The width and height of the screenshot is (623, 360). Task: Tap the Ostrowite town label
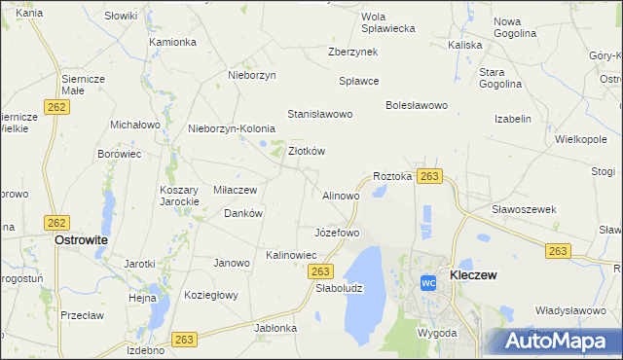(x=81, y=238)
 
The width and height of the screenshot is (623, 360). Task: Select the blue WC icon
(x=427, y=283)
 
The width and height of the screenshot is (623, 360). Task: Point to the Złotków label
(x=307, y=151)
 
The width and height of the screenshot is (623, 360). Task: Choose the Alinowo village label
(x=341, y=196)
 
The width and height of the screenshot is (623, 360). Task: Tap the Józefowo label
(x=337, y=234)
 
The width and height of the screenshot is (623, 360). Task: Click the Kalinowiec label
(x=291, y=255)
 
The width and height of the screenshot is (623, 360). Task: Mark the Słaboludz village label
(x=339, y=288)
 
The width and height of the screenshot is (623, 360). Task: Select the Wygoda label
(x=437, y=333)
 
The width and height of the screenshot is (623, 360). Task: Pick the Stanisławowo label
(x=319, y=114)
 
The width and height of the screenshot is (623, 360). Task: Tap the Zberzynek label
(x=353, y=52)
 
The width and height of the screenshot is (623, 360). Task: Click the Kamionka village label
(x=173, y=42)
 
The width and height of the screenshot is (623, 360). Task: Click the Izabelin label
(x=513, y=119)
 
